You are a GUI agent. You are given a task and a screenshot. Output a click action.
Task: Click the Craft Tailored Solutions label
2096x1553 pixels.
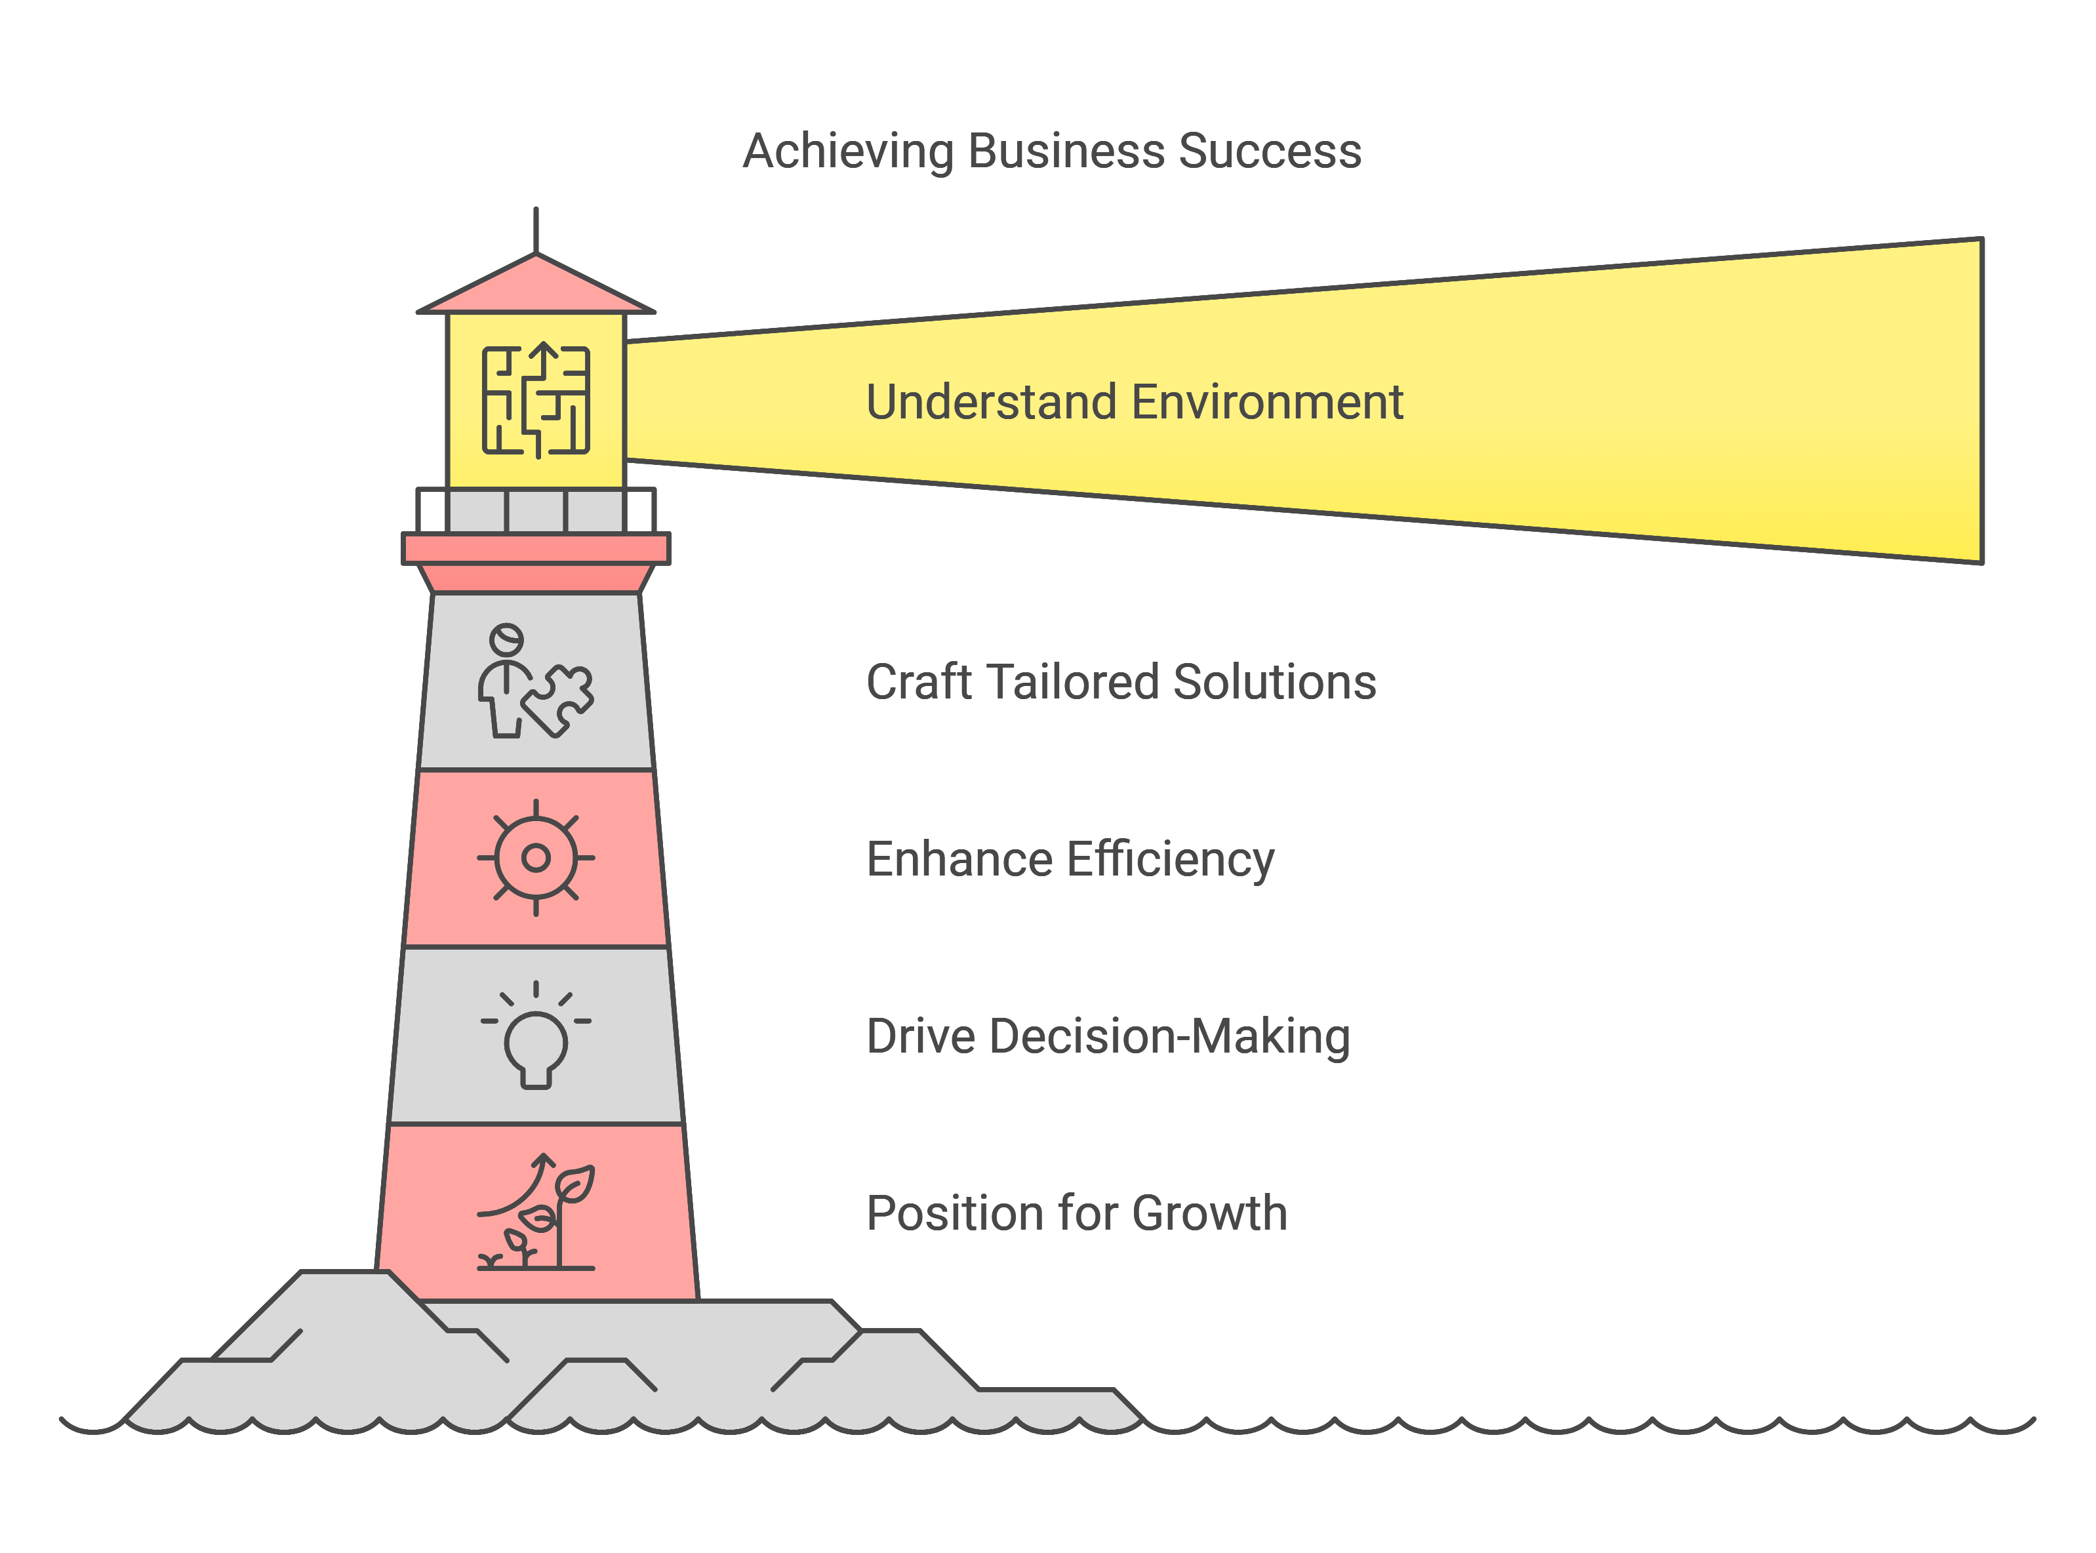pos(1120,683)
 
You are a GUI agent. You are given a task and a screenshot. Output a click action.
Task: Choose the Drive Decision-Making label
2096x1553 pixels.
pos(1107,1037)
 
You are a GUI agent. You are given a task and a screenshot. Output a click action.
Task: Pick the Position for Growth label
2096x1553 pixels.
pos(1076,1214)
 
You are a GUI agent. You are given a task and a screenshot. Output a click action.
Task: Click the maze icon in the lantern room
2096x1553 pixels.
pos(536,401)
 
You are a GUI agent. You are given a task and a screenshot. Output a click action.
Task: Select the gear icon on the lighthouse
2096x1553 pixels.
pos(536,857)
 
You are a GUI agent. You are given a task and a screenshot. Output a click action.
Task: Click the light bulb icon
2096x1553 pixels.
pos(536,1035)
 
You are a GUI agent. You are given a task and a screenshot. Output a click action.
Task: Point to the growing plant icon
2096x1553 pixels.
pos(536,1214)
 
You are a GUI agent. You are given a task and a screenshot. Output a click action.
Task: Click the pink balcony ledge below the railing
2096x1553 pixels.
pos(536,549)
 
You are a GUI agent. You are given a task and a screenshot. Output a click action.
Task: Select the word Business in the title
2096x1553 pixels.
pos(1065,151)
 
